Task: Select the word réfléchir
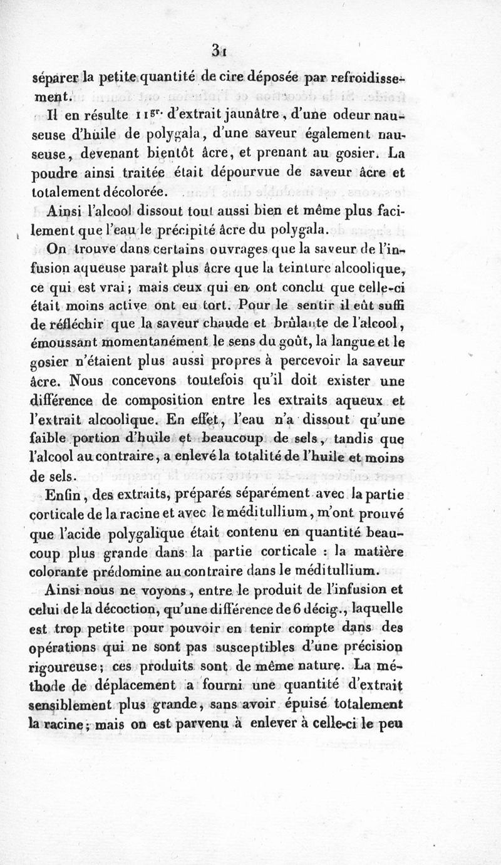(x=88, y=324)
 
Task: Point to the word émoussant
(x=61, y=343)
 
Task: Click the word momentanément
(x=148, y=343)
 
